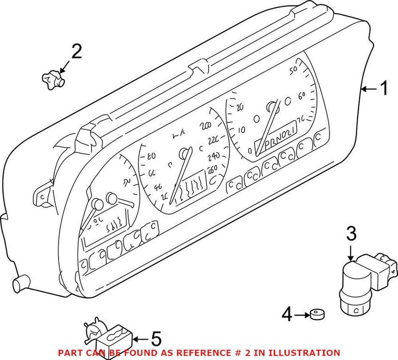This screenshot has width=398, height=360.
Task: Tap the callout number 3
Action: (351, 233)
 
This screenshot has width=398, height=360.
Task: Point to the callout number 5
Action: (156, 340)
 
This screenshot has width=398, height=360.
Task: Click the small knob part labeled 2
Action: (52, 78)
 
